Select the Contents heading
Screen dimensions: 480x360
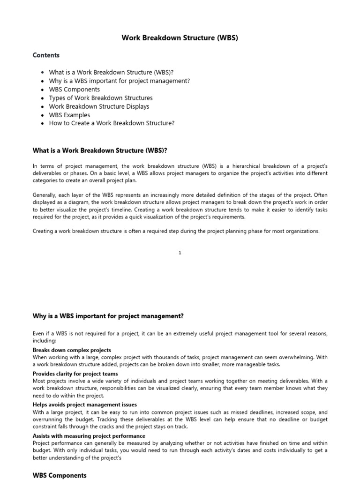click(x=46, y=55)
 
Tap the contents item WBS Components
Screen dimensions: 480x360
click(x=74, y=90)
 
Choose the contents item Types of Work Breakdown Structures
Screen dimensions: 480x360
click(x=100, y=98)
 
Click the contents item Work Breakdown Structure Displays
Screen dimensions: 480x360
click(x=99, y=106)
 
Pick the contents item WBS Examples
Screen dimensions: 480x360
click(x=69, y=115)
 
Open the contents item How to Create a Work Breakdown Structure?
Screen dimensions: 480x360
click(x=112, y=123)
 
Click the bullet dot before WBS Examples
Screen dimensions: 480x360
click(x=43, y=115)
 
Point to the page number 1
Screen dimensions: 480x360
click(x=180, y=253)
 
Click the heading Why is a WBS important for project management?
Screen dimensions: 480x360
click(x=108, y=316)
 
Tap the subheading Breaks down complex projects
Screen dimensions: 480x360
click(x=72, y=350)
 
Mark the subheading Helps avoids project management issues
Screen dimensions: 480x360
click(x=85, y=405)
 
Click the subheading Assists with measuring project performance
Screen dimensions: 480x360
click(x=89, y=436)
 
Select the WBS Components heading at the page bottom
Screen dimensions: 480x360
click(x=60, y=475)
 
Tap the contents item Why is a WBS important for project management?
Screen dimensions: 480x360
click(x=119, y=81)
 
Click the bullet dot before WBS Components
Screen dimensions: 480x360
click(x=43, y=90)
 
